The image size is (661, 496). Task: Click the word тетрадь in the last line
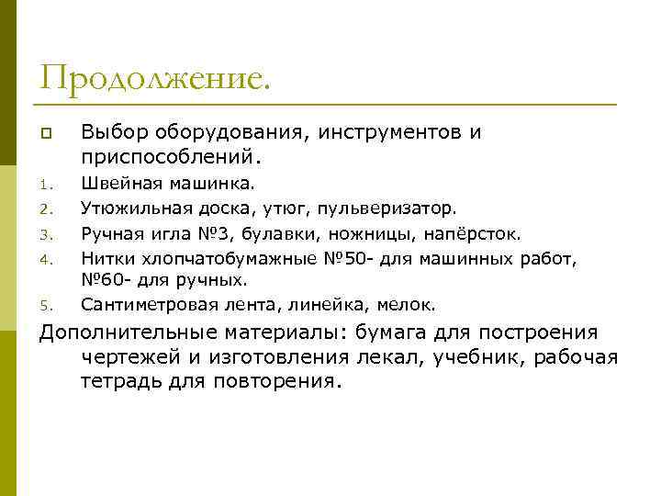[119, 380]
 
